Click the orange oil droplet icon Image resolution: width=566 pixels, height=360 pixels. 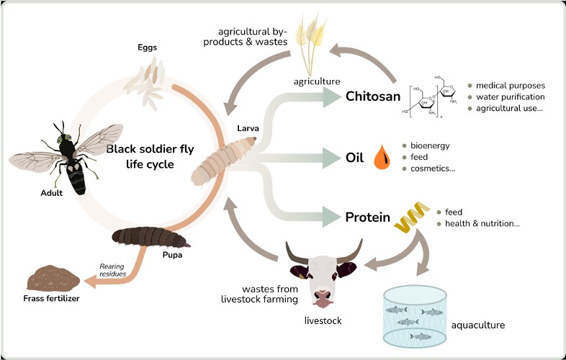[x=382, y=158]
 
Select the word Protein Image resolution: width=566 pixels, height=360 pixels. [x=367, y=217]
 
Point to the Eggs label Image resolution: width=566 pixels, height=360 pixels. [x=147, y=48]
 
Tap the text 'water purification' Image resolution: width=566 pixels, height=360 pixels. [x=510, y=96]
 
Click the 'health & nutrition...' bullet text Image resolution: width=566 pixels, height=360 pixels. [x=482, y=224]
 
